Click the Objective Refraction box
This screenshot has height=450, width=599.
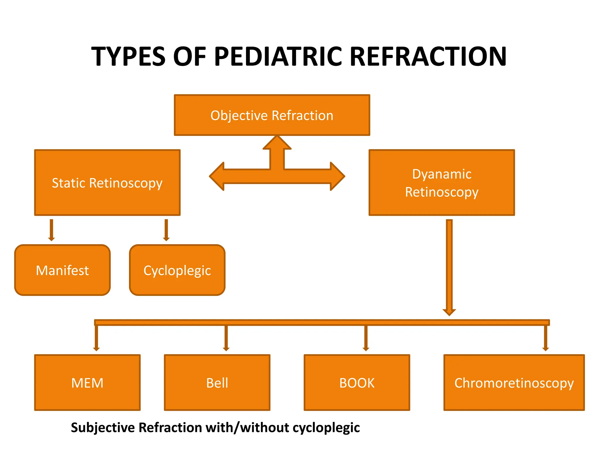point(272,115)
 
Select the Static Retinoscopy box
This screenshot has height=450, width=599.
point(107,183)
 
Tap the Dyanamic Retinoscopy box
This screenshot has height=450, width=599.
point(441,183)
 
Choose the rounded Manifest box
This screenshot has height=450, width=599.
point(62,270)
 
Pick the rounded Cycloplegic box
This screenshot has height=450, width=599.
point(177,270)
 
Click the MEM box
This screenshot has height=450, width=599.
point(87,382)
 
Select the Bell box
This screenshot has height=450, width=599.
point(217,382)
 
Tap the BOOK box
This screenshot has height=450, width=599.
point(357,382)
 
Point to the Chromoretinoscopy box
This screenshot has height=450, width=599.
point(514,382)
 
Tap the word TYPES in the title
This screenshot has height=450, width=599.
point(129,56)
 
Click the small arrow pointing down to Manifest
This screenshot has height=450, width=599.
point(51,230)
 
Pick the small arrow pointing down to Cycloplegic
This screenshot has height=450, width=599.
point(166,230)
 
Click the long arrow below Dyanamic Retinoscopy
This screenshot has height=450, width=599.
point(449,267)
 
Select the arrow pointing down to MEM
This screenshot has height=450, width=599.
point(96,337)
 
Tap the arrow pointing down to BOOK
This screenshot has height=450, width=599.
point(366,337)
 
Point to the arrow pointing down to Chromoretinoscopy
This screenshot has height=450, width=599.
point(545,337)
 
